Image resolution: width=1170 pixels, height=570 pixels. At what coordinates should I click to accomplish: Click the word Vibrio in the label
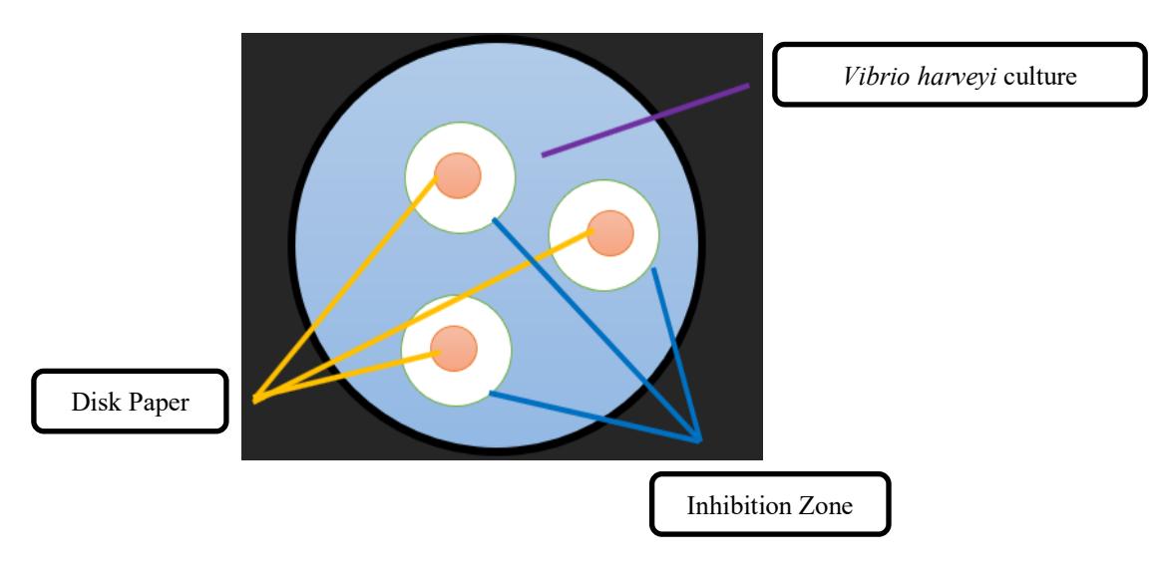pos(867,76)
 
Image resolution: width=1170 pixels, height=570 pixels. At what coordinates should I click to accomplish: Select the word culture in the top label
pos(1039,76)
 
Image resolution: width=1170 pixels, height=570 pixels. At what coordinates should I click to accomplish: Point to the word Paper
pos(159,404)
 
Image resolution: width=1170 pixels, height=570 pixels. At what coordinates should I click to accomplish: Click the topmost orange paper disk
pos(458,175)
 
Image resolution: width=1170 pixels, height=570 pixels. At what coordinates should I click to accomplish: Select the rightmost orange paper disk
pos(610,232)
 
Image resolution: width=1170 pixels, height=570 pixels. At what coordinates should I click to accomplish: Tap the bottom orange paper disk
pos(454,348)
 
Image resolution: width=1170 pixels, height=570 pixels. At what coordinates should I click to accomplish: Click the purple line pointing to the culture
pos(645,120)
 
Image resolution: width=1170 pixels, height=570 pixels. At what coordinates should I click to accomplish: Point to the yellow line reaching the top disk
pos(345,289)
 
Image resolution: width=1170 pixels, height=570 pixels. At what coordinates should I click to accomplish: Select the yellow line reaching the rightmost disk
pos(423,316)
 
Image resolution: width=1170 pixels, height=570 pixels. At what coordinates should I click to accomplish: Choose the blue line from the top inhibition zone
pos(596,329)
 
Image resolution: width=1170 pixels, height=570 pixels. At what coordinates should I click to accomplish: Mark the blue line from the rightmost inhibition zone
pos(677,355)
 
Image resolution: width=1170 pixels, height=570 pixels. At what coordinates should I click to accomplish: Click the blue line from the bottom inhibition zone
pos(594,417)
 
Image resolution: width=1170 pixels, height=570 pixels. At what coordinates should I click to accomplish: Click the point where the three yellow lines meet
pos(255,401)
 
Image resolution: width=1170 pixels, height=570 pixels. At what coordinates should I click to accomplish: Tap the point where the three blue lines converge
pos(698,439)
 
